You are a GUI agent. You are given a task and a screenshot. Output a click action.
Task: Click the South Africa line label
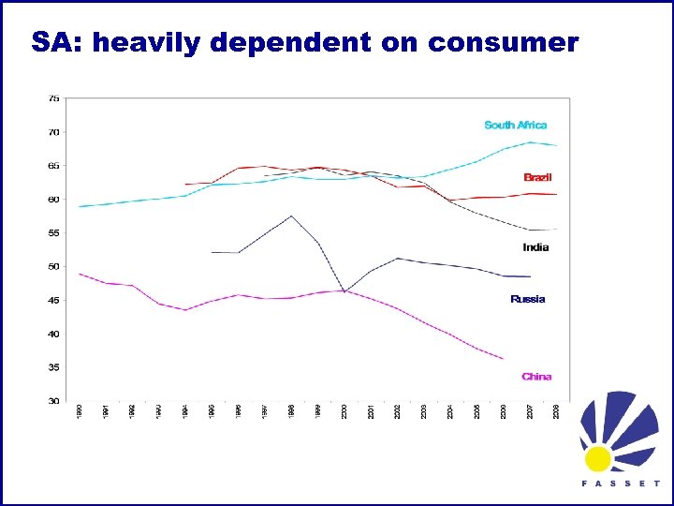click(x=516, y=125)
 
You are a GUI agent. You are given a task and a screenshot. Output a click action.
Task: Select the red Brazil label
click(x=537, y=177)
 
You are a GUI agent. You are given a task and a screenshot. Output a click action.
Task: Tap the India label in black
click(x=535, y=247)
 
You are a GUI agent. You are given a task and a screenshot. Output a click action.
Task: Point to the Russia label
click(x=527, y=299)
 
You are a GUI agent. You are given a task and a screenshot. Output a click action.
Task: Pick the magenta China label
click(x=536, y=377)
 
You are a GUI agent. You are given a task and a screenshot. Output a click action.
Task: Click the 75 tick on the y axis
click(x=54, y=97)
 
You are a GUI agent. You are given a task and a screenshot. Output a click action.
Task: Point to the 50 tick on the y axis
click(x=54, y=267)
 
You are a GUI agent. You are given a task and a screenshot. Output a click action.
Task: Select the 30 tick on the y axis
click(x=54, y=401)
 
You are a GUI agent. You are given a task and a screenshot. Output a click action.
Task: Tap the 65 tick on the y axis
click(x=54, y=166)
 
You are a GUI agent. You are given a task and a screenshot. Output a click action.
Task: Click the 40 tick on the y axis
click(x=54, y=335)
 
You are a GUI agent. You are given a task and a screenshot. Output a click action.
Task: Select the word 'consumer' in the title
click(x=503, y=43)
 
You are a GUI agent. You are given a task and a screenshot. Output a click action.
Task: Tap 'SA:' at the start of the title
click(x=58, y=43)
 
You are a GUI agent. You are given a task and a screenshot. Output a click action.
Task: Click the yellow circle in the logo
click(x=598, y=458)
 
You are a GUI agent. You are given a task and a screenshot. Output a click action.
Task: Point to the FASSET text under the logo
click(x=621, y=484)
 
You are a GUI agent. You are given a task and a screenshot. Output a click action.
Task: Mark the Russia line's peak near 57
click(x=292, y=216)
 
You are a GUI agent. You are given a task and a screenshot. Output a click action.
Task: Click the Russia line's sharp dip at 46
click(x=344, y=291)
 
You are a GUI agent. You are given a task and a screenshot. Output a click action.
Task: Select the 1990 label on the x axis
click(x=80, y=411)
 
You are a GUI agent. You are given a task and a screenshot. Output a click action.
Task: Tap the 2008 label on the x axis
click(x=557, y=411)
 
